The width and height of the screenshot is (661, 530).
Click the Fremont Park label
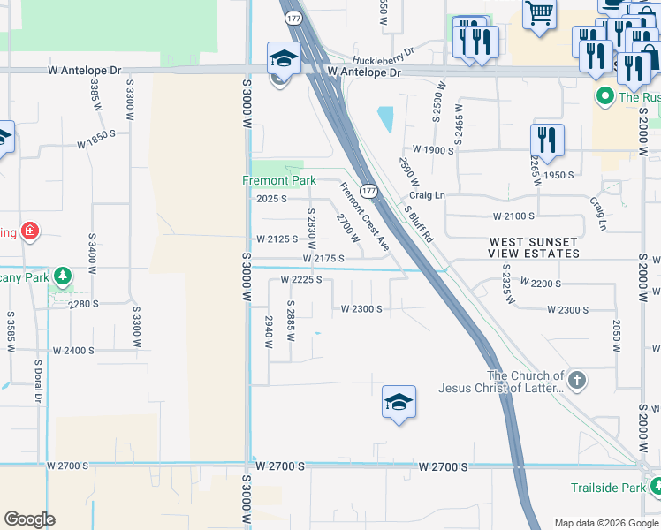click(279, 180)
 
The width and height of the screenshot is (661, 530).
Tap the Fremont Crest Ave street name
click(365, 216)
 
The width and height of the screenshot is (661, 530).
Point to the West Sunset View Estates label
click(535, 247)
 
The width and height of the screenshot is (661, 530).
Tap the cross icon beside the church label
click(576, 382)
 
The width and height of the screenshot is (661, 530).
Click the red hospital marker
click(30, 231)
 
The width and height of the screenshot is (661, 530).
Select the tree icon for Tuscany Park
click(62, 276)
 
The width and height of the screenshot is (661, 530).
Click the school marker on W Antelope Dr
click(285, 58)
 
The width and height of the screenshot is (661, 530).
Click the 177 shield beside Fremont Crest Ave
click(369, 191)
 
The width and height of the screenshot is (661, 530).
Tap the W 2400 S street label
click(73, 351)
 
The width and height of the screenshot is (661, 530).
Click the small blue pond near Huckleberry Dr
click(385, 118)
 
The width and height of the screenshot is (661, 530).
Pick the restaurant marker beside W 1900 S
click(547, 140)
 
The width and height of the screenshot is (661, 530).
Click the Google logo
click(29, 519)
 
